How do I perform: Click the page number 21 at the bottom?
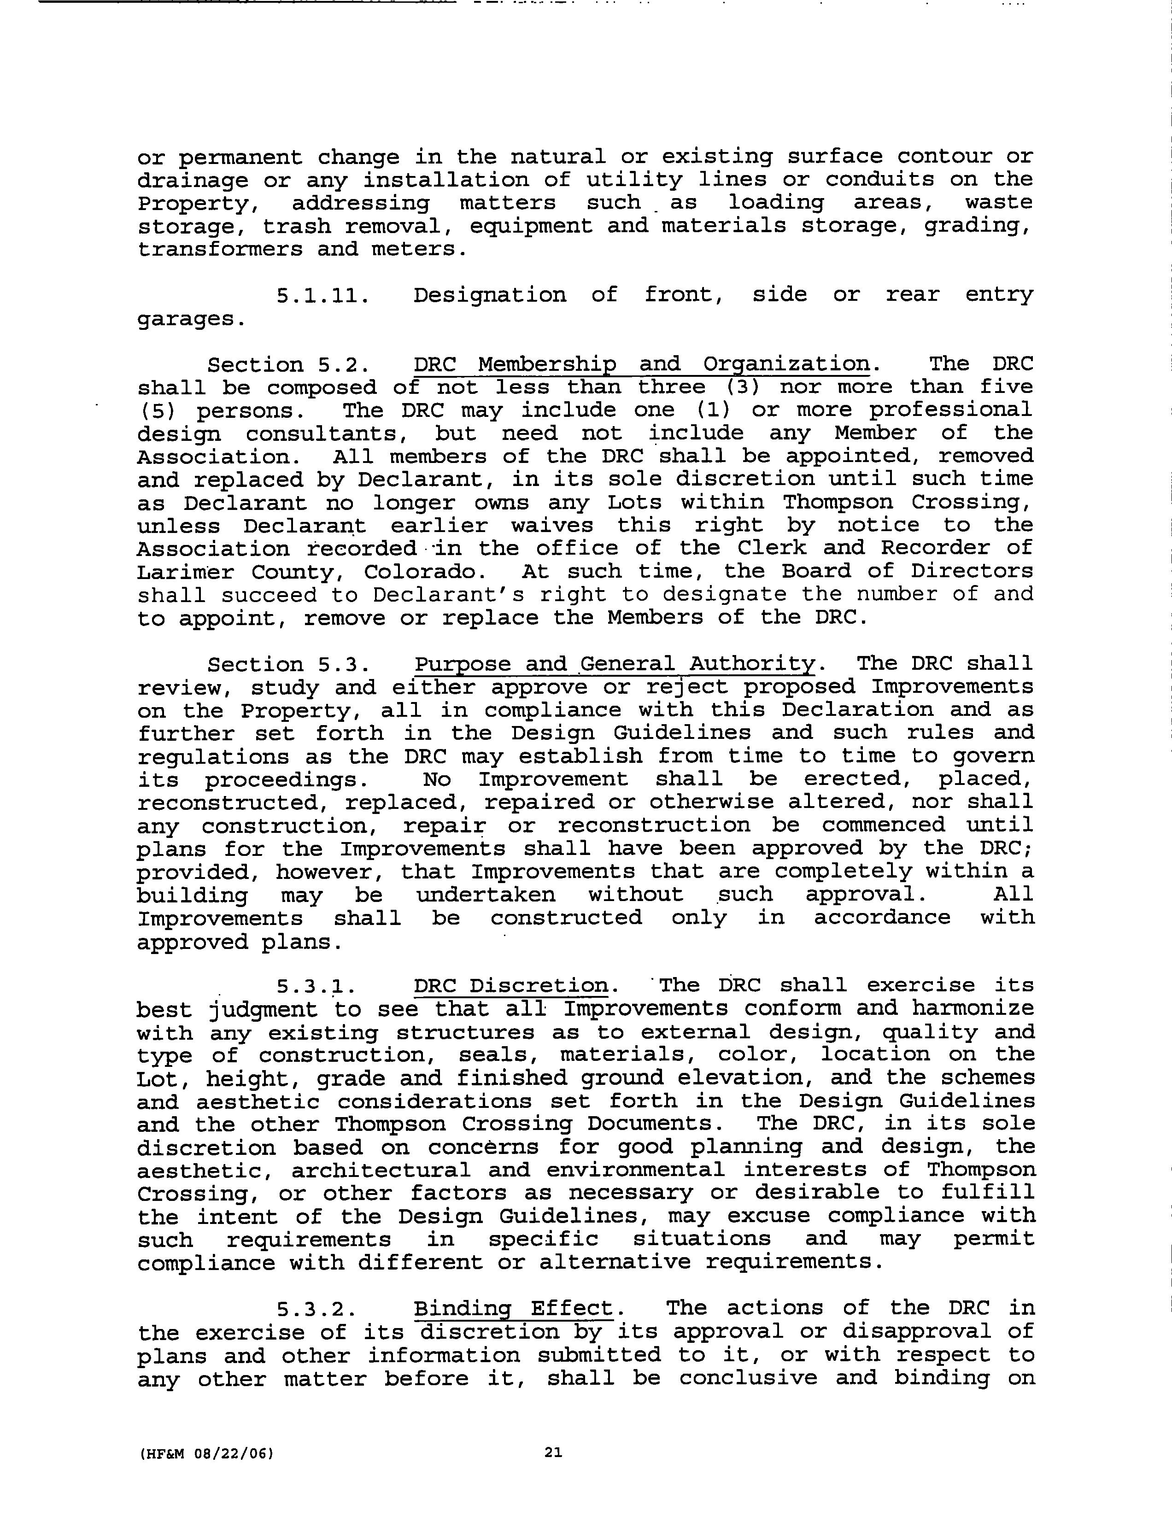click(x=553, y=1452)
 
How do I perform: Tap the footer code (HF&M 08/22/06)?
click(x=207, y=1454)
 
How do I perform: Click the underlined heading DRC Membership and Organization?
click(x=641, y=364)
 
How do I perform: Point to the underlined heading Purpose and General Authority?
click(x=615, y=664)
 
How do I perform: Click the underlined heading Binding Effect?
click(x=514, y=1308)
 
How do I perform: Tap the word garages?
click(x=192, y=320)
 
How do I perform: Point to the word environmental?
click(x=635, y=1170)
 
